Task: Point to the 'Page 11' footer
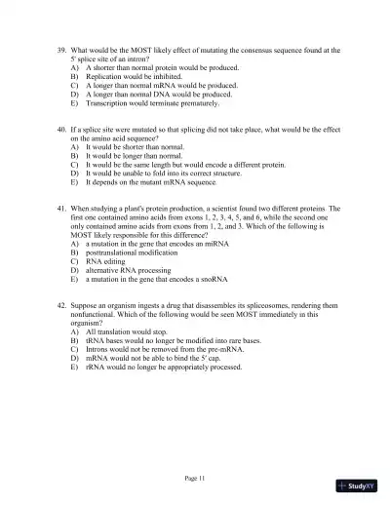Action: (x=196, y=478)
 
